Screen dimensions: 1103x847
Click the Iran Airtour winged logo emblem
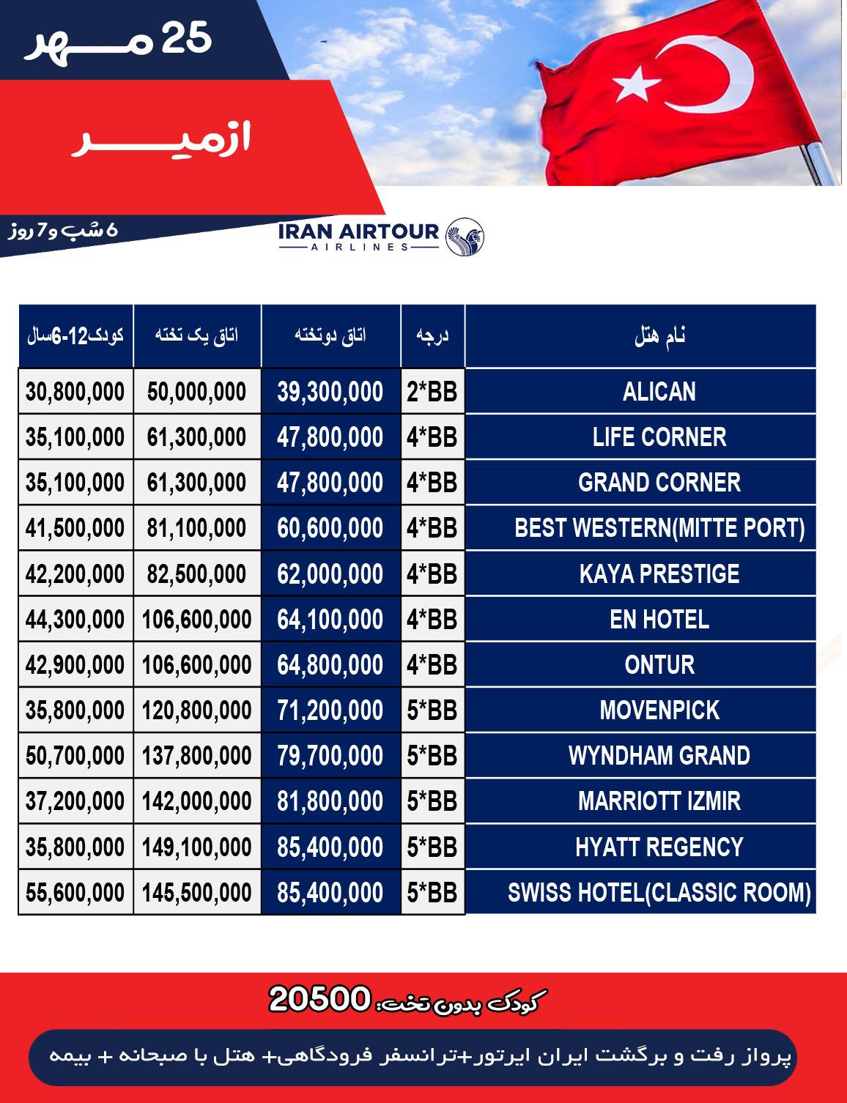pyautogui.click(x=465, y=237)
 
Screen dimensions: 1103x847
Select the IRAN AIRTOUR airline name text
pyautogui.click(x=358, y=232)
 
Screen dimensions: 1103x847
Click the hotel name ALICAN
pyautogui.click(x=659, y=392)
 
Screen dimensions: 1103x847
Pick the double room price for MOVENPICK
pyautogui.click(x=330, y=710)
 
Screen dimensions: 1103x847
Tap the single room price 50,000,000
pyautogui.click(x=196, y=392)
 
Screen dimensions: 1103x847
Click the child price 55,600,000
pyautogui.click(x=75, y=893)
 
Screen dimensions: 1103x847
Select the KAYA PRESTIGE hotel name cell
pyautogui.click(x=659, y=574)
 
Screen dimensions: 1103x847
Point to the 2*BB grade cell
pyautogui.click(x=432, y=392)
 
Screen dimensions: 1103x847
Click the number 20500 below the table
pyautogui.click(x=319, y=999)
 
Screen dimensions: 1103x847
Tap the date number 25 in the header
pyautogui.click(x=186, y=38)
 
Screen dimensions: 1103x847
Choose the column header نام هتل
pyautogui.click(x=659, y=336)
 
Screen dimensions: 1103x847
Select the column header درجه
pyautogui.click(x=432, y=336)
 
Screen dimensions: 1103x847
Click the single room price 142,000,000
pyautogui.click(x=196, y=801)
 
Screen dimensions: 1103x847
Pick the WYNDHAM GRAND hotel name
pyautogui.click(x=659, y=756)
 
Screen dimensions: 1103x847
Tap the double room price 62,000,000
pyautogui.click(x=330, y=574)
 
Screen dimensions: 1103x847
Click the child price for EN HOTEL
pyautogui.click(x=75, y=620)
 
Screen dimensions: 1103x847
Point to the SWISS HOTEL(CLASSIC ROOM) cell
pyautogui.click(x=659, y=893)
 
